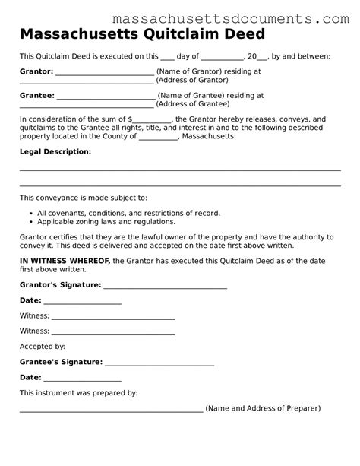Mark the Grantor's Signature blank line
coord(165,287)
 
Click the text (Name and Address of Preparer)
coord(263,409)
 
